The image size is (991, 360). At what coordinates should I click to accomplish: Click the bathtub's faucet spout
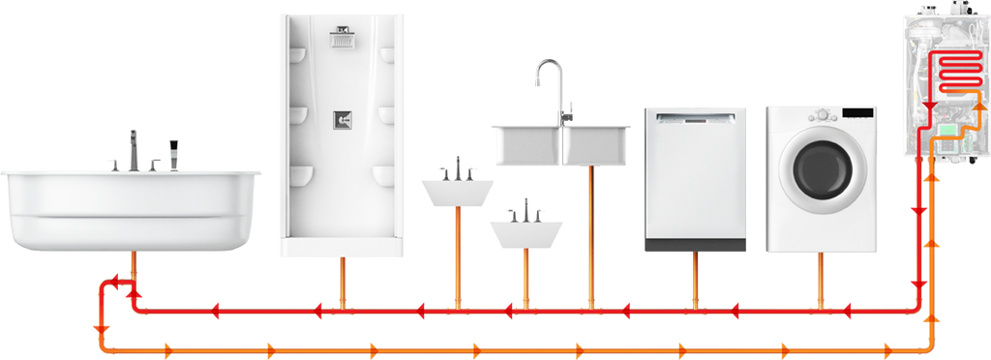click(x=134, y=145)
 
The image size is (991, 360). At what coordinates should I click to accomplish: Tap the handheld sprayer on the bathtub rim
click(x=174, y=153)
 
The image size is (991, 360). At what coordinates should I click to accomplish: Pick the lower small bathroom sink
click(x=526, y=232)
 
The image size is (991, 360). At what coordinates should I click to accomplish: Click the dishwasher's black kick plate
click(x=695, y=246)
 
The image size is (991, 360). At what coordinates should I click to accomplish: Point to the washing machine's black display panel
click(x=857, y=114)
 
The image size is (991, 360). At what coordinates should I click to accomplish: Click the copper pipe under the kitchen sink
click(x=588, y=232)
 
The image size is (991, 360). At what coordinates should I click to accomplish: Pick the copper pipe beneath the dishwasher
click(x=695, y=281)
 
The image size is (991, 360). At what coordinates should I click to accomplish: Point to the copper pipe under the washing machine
click(x=822, y=281)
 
